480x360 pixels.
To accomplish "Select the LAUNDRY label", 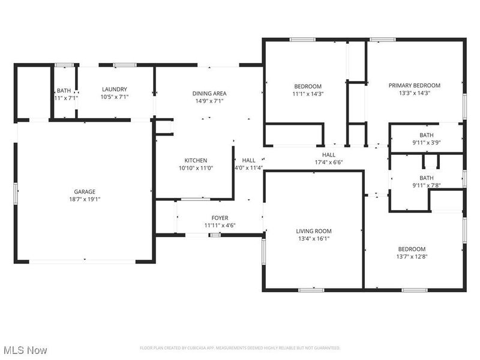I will click(114, 89).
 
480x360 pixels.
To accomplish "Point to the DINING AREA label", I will click(209, 93).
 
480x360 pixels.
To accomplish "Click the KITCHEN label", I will click(196, 160).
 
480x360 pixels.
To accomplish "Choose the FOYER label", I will click(220, 218).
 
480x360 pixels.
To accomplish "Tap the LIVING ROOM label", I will click(314, 231).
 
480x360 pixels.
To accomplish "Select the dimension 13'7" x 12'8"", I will click(412, 256).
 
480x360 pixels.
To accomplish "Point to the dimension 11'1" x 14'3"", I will click(308, 94).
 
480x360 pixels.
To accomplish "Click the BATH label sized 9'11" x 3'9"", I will click(426, 135).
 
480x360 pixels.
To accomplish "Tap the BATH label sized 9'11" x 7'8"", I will click(426, 178).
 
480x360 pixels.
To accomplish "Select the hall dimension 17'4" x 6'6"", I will click(328, 162).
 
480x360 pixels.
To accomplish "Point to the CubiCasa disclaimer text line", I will click(240, 348).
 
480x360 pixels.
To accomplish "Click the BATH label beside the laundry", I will click(64, 89).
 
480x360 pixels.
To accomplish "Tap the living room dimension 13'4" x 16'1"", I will click(314, 238).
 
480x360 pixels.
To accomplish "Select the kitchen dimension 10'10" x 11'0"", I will click(196, 168).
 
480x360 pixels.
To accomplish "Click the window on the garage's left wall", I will click(17, 193).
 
